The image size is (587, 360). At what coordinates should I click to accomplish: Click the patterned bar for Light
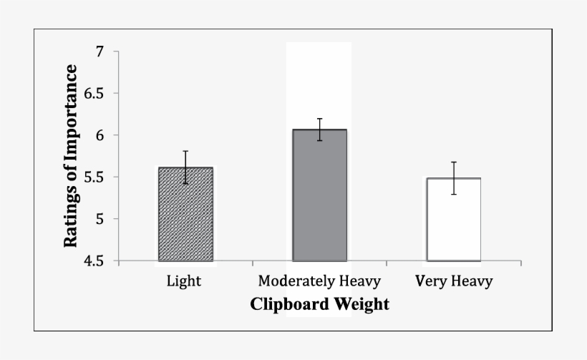coord(185,215)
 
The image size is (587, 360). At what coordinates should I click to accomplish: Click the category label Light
coord(184,281)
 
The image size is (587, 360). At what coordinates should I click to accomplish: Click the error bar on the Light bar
coord(185,167)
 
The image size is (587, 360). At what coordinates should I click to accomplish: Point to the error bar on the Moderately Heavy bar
coord(319,130)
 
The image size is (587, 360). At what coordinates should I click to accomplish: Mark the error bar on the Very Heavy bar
coord(454,178)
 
